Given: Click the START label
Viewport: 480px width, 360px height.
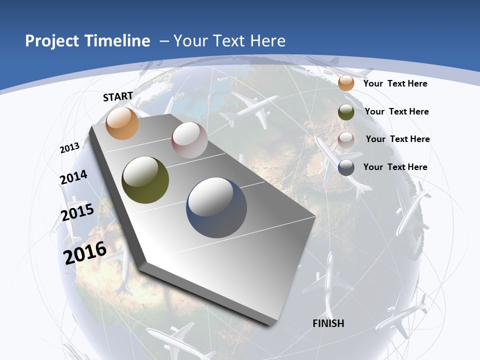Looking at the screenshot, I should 118,96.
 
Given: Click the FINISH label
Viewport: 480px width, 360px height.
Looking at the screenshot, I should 328,323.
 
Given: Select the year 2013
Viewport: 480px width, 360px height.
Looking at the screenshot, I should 70,148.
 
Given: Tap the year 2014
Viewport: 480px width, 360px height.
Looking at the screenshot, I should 73,177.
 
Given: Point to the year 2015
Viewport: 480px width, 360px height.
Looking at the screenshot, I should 77,212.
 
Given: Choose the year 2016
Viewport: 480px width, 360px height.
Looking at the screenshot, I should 85,252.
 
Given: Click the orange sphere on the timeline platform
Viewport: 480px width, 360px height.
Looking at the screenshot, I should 122,123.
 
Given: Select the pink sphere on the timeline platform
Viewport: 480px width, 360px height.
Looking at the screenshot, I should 189,140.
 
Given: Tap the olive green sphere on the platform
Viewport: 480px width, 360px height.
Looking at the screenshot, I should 145,180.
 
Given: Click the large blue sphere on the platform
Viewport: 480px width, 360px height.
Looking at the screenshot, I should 216,207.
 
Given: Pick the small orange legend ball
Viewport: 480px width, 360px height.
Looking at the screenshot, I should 346,83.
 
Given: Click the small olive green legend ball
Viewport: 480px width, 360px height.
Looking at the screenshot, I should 346,112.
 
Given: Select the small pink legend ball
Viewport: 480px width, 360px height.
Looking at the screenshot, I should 346,140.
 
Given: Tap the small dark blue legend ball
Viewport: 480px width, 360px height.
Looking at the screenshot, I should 346,167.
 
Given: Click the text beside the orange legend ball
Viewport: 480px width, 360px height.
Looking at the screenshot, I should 395,83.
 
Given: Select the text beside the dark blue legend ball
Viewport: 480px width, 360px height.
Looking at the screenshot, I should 395,167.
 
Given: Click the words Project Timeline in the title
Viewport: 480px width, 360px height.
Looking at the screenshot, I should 87,41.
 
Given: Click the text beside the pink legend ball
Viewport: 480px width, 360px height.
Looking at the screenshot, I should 397,139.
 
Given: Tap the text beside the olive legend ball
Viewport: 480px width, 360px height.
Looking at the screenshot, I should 396,111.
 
